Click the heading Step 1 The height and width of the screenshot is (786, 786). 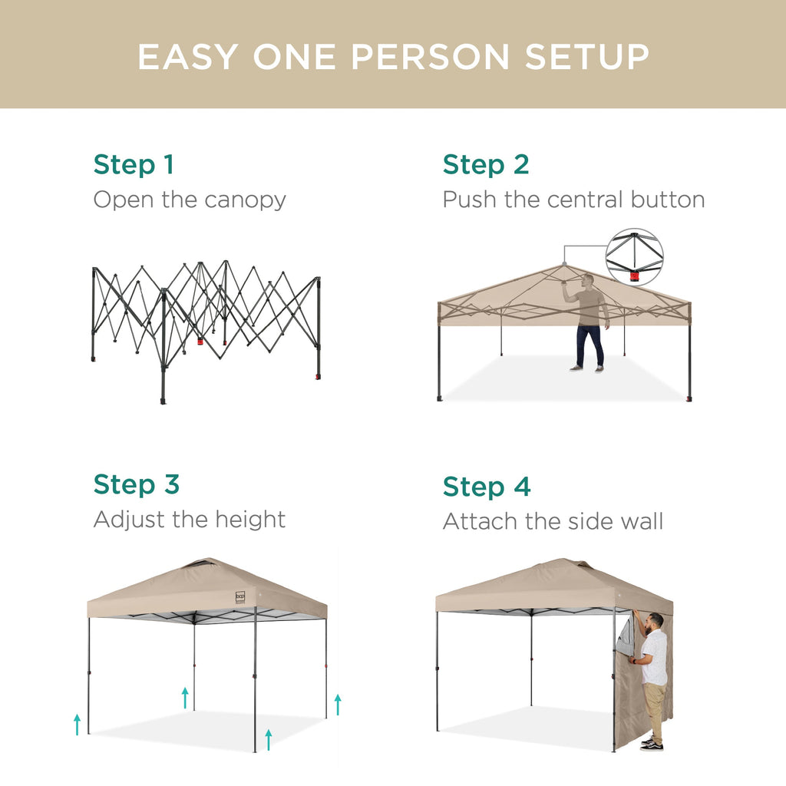point(134,164)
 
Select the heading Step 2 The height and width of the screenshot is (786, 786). point(485,164)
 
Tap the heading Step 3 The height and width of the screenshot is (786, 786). point(136,484)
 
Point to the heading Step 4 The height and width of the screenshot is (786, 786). point(486,487)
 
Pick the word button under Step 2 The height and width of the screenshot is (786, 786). point(667,200)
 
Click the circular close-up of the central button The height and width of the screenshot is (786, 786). point(634,257)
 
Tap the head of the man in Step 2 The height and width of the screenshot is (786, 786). point(588,281)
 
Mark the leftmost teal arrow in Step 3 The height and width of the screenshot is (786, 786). point(77,723)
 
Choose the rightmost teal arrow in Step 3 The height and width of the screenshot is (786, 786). point(337,704)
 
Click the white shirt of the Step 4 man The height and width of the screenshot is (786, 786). point(655,656)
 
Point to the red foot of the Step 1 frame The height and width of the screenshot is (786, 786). point(318,377)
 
